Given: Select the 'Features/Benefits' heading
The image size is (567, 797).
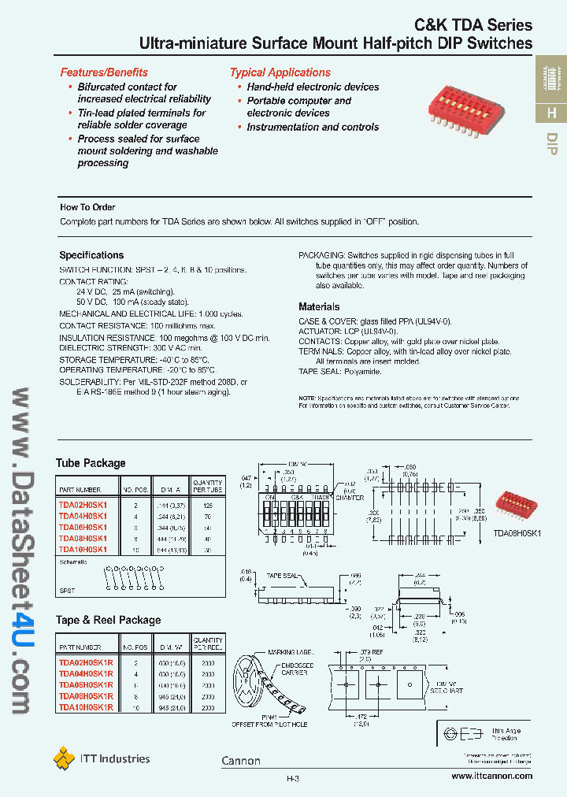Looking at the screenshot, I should point(104,72).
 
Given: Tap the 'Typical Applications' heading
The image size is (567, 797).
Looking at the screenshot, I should point(280,72).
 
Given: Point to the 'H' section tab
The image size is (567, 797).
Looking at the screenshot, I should point(551,113).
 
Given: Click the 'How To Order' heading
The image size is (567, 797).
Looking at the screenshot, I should point(87,207).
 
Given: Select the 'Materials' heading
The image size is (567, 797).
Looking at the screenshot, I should point(319,306).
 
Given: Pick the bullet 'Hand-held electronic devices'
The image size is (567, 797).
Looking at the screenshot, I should point(313,87).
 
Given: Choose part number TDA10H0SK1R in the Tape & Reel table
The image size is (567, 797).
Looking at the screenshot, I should point(87,708).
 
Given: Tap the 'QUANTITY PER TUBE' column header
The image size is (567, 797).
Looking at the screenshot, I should point(208,486).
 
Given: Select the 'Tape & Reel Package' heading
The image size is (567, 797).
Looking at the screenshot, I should point(108,620).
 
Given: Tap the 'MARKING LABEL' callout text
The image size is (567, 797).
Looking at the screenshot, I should point(291,653).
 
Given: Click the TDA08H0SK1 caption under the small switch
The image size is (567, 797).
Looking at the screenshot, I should point(517,533).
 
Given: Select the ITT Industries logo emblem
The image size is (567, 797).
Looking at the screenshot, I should point(64,758).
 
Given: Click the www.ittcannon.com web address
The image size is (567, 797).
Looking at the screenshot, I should point(492,776).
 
